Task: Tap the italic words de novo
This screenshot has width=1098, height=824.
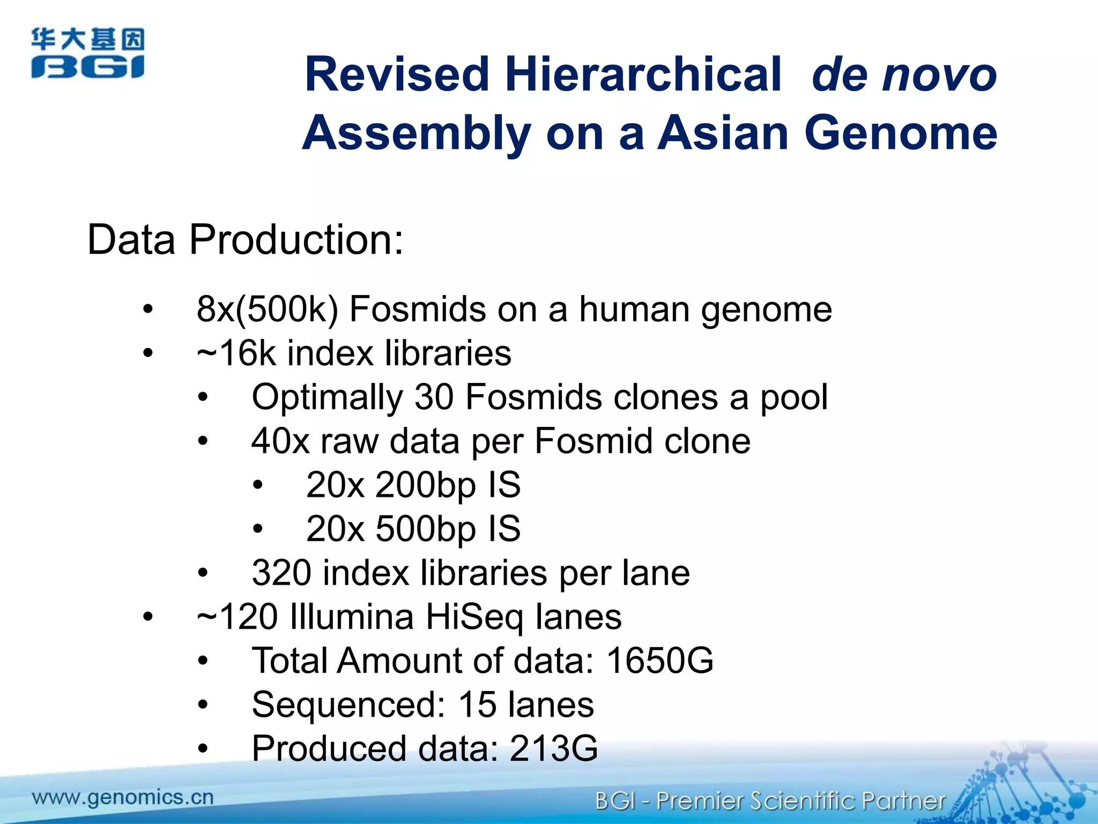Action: [x=904, y=75]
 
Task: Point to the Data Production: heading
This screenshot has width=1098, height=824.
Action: [x=245, y=239]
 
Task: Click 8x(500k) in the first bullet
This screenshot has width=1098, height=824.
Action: [x=268, y=310]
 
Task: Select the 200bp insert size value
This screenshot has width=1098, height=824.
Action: [x=426, y=485]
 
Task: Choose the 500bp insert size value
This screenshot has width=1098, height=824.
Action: [x=426, y=529]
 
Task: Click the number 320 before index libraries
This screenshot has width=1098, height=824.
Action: [x=281, y=573]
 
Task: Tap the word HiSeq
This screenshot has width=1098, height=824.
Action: [x=474, y=617]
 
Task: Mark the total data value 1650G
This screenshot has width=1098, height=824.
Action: [x=660, y=661]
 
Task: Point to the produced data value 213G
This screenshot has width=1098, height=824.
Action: [x=553, y=749]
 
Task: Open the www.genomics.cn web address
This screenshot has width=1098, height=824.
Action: [x=123, y=798]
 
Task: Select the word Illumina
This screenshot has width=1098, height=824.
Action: [x=351, y=617]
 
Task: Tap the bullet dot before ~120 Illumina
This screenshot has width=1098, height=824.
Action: [x=148, y=617]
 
